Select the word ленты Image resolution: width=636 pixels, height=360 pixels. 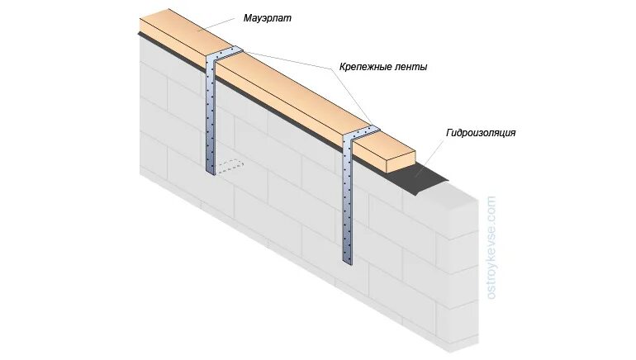tap(416, 65)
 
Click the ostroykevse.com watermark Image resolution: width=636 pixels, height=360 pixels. tap(492, 248)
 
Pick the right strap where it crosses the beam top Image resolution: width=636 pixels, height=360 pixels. tap(363, 132)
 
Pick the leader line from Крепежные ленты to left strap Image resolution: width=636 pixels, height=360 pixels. tap(289, 60)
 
